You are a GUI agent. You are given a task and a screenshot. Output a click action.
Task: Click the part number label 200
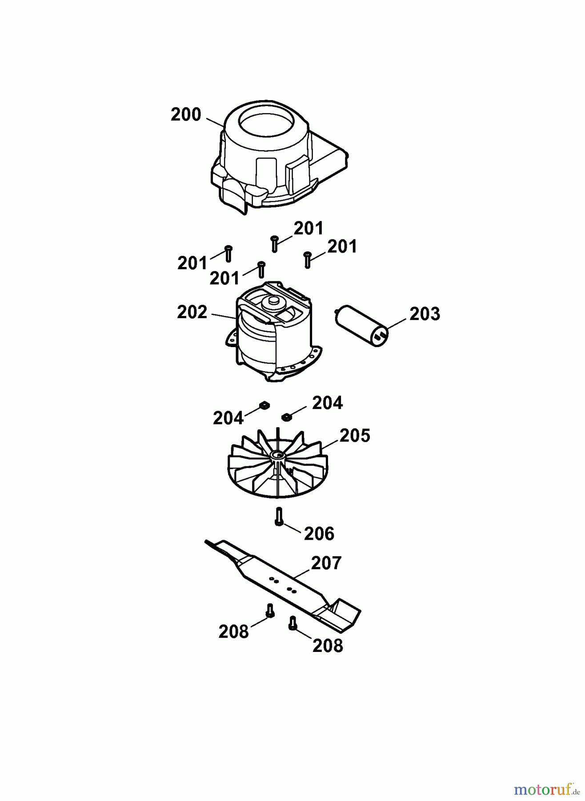pos(186,115)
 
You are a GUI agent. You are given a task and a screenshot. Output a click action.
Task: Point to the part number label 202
pos(192,312)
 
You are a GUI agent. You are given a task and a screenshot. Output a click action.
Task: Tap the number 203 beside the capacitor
pos(425,314)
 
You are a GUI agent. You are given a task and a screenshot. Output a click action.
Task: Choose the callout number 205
pos(354,436)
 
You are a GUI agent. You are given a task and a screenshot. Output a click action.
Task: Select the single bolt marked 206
pos(279,517)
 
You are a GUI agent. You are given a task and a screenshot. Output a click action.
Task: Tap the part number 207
pos(326,563)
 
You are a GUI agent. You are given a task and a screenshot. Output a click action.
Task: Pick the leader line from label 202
pos(224,316)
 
